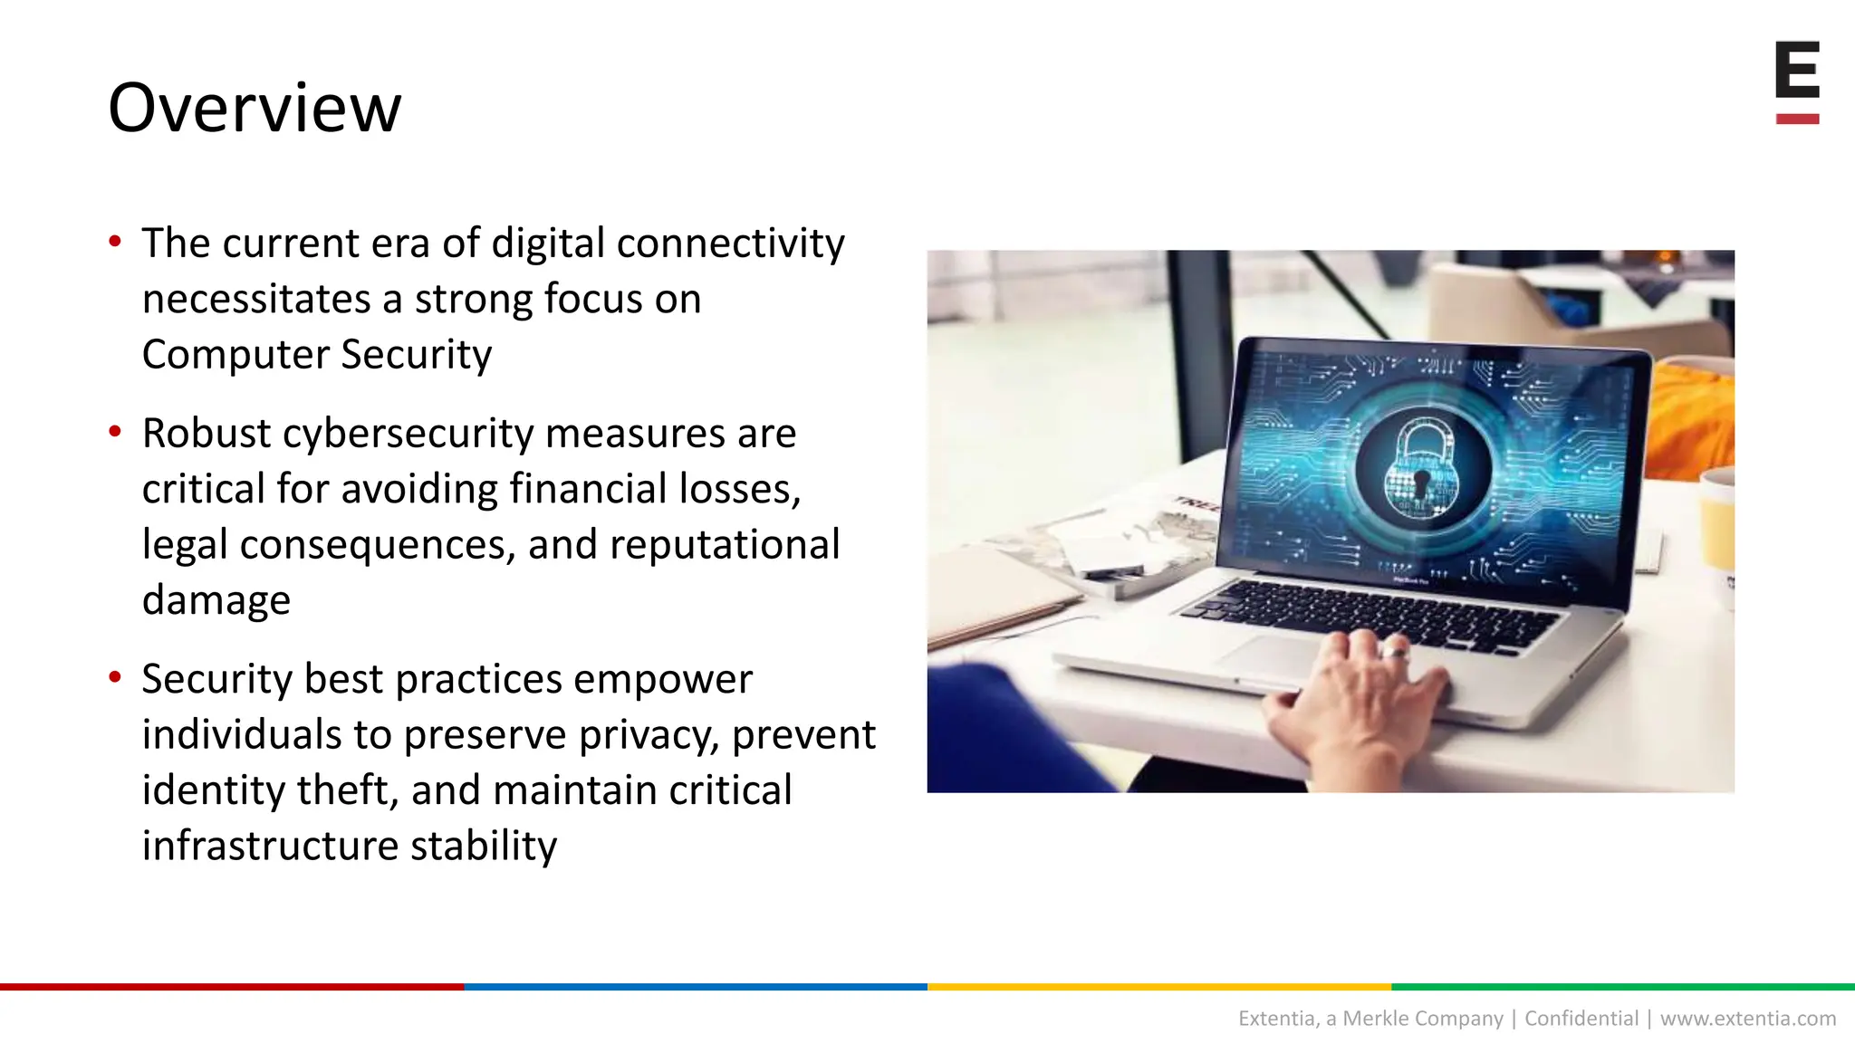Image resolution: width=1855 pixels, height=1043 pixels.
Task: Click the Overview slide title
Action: [x=255, y=108]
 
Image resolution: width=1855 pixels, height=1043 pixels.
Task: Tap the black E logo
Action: [x=1797, y=70]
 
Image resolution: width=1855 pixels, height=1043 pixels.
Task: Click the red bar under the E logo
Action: [x=1797, y=119]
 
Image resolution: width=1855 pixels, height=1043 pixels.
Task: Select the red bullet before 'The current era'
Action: [x=115, y=242]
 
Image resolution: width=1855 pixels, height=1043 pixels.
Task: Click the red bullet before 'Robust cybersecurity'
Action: [x=115, y=432]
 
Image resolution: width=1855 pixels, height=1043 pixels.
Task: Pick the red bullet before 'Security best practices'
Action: [x=115, y=677]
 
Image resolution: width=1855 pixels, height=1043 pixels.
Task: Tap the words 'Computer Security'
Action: [x=317, y=354]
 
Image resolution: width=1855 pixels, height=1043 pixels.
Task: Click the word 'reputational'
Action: [x=725, y=545]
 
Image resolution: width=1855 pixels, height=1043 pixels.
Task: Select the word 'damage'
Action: [x=216, y=600]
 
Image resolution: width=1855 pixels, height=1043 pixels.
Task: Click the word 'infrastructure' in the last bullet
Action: [x=270, y=846]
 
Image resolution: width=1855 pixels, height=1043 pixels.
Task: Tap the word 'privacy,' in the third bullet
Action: [x=649, y=734]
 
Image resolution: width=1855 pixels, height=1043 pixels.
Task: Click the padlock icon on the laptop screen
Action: [x=1420, y=469]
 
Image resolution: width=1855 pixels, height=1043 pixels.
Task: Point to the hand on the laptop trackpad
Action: [x=1359, y=697]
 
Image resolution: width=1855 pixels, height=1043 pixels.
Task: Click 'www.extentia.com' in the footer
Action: [x=1747, y=1019]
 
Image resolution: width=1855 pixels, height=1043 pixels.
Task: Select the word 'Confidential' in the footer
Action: [x=1581, y=1019]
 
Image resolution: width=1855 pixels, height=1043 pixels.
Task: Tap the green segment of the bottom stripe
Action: [x=1622, y=986]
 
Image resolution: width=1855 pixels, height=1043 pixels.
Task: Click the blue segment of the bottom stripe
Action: [x=695, y=986]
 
